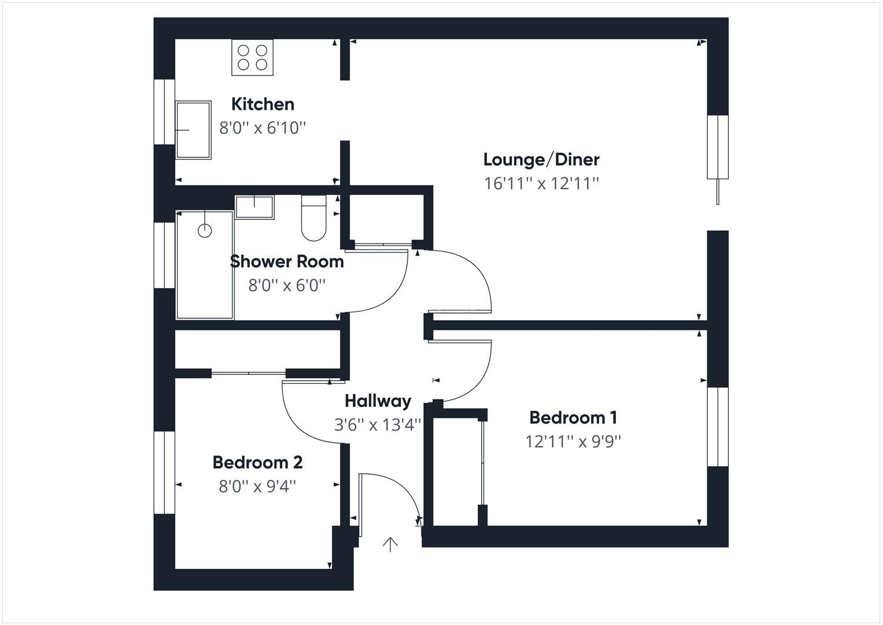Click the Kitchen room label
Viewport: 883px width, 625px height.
tap(263, 104)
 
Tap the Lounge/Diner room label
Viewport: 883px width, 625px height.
tap(541, 160)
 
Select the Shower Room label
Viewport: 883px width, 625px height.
tap(287, 262)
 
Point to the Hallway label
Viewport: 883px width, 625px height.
tap(378, 401)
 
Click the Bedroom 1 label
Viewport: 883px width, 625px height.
tap(573, 417)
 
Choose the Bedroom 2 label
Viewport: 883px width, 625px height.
tap(257, 462)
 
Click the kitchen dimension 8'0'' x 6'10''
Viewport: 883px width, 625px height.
tap(263, 128)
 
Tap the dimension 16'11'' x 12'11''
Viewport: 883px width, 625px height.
tap(541, 183)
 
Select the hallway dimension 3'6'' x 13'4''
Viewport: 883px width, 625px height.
tap(378, 425)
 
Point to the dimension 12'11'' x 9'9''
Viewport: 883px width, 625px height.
tap(573, 442)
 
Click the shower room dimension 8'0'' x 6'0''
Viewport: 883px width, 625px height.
tap(287, 285)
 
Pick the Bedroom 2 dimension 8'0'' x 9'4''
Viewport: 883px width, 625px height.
tap(257, 487)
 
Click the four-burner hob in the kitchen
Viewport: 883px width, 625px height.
tap(252, 57)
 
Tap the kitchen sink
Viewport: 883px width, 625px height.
tap(193, 130)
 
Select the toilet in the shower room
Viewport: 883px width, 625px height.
tap(314, 218)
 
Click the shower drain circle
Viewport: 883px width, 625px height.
tap(205, 230)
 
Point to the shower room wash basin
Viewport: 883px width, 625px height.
tap(254, 207)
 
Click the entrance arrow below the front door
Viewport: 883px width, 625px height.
tap(390, 545)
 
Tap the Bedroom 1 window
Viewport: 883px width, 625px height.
tap(718, 427)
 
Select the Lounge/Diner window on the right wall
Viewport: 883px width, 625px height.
tap(718, 147)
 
